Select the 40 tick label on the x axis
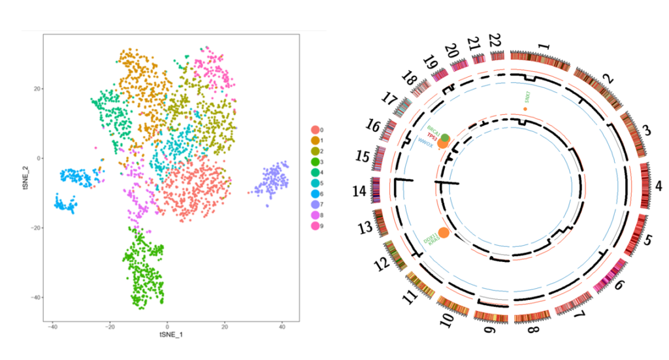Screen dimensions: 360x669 click(282, 327)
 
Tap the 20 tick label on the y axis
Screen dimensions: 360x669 click(37, 88)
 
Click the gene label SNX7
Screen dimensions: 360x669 click(527, 97)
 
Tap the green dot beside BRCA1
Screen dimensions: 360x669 click(446, 137)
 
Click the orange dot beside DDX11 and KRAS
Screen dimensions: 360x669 click(444, 233)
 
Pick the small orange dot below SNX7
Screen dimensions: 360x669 click(525, 108)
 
